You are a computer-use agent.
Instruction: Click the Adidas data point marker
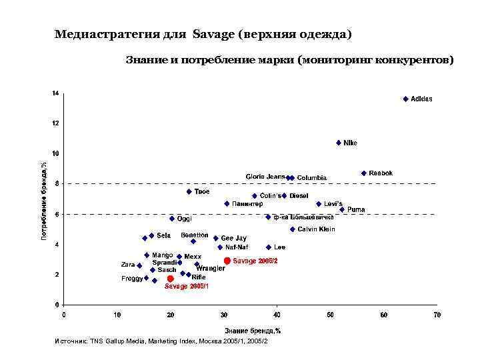[405, 99]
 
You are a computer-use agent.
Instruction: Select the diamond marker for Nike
[339, 143]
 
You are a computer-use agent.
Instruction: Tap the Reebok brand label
[381, 173]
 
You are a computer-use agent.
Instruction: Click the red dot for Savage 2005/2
[227, 261]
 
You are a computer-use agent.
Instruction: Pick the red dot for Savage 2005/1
[170, 279]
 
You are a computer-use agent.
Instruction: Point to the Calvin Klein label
[316, 229]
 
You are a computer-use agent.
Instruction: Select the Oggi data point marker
[171, 219]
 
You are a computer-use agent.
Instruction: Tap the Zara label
[127, 265]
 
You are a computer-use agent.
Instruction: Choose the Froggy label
[131, 278]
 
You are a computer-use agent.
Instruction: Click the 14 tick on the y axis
[57, 93]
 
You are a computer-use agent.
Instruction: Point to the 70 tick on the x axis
[437, 314]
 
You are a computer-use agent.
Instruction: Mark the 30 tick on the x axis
[224, 314]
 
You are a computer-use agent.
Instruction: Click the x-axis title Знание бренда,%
[252, 330]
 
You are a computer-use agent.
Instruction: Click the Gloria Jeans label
[265, 177]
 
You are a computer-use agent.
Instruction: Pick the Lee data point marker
[269, 247]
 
